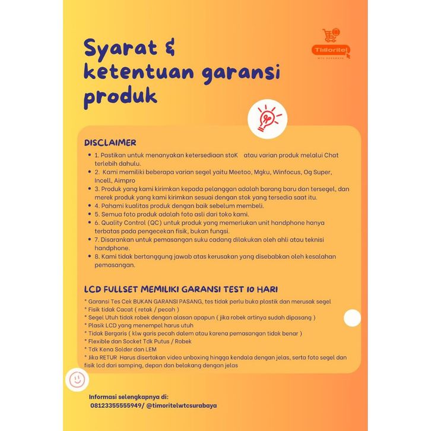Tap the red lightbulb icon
pos(264,117)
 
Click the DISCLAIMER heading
pos(110,143)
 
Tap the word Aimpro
pos(123,180)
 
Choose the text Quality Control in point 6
pos(118,223)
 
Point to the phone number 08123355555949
pos(115,405)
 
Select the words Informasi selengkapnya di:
pos(129,397)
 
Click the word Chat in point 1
pos(330,155)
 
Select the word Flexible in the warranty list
pos(102,341)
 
